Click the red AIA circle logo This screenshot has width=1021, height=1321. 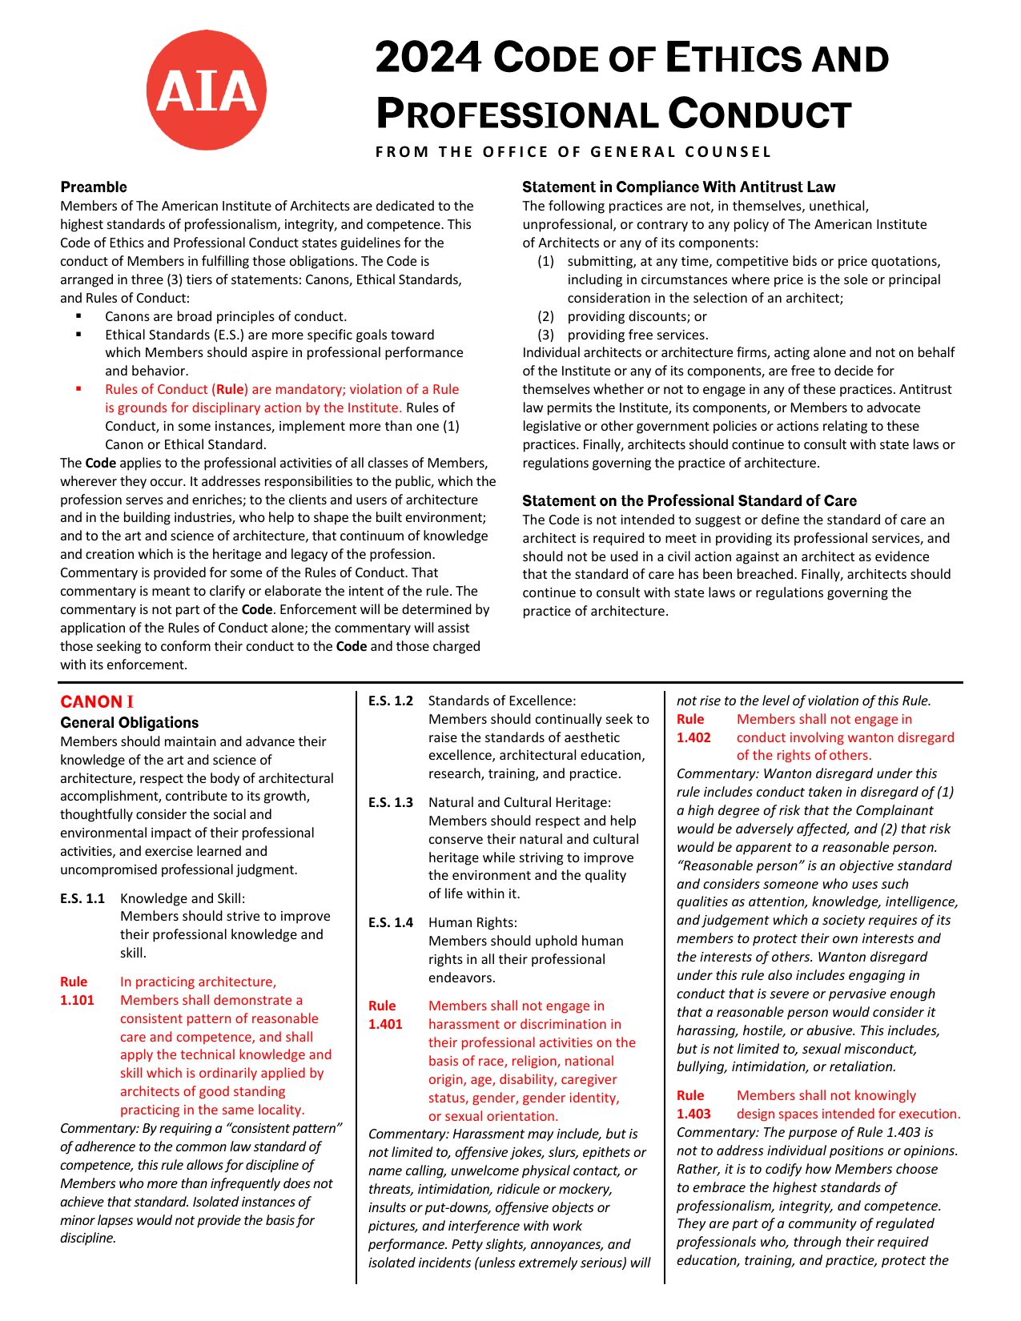(x=207, y=90)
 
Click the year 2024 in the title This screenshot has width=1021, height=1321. (x=428, y=58)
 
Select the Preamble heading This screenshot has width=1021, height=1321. (x=94, y=187)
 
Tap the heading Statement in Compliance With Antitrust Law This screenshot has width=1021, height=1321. (x=678, y=187)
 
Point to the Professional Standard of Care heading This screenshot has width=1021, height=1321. (x=689, y=501)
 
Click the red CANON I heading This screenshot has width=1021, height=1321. (x=97, y=702)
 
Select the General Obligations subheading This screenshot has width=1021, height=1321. (x=130, y=722)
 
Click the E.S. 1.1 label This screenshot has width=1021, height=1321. (x=82, y=898)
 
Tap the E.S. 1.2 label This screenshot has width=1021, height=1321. (x=391, y=701)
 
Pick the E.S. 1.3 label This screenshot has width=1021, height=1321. (x=391, y=802)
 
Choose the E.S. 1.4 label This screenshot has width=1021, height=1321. (x=391, y=922)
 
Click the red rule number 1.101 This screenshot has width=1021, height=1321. (x=77, y=1000)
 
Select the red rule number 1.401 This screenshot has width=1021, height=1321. (x=385, y=1024)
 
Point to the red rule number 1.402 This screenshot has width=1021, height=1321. (x=693, y=737)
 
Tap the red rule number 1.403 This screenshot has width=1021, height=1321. (x=693, y=1114)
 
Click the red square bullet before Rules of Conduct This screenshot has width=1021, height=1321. (x=78, y=389)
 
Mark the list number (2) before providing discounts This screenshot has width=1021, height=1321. (x=545, y=316)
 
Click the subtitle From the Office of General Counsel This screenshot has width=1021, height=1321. (x=573, y=152)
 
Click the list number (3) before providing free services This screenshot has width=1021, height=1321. (x=545, y=335)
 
